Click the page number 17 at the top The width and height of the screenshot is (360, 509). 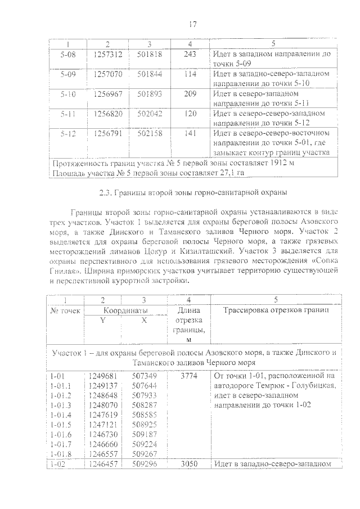pyautogui.click(x=192, y=24)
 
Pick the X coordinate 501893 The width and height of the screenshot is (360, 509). pyautogui.click(x=149, y=93)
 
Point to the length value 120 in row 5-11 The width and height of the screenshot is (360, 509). pyautogui.click(x=190, y=113)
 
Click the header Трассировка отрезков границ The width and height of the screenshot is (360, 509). pyautogui.click(x=274, y=310)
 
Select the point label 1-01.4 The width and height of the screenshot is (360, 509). pyautogui.click(x=62, y=415)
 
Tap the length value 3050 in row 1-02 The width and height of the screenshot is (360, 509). pyautogui.click(x=190, y=465)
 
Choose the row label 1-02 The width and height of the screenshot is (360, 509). pyautogui.click(x=59, y=465)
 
